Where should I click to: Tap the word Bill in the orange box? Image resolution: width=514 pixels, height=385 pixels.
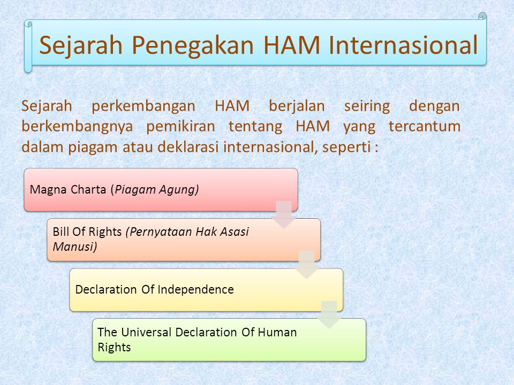[59, 232]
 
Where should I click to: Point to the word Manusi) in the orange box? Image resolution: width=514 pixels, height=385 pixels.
[75, 247]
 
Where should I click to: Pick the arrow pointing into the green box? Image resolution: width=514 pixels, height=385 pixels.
[329, 314]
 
